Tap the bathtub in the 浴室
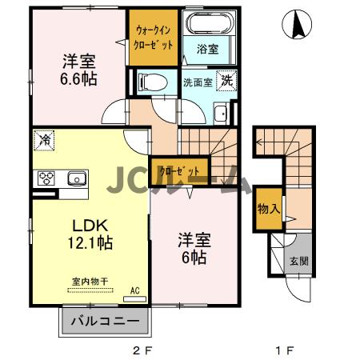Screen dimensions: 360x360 coord(206,23)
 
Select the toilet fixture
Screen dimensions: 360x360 coord(151,81)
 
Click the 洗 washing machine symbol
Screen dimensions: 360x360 coord(227,80)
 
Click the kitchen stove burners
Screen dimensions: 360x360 coord(44,178)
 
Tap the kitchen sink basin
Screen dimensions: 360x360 coord(77,178)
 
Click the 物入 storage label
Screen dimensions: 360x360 coord(268,210)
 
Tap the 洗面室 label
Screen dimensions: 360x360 coord(197,82)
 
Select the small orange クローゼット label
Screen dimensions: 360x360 coord(174,170)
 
